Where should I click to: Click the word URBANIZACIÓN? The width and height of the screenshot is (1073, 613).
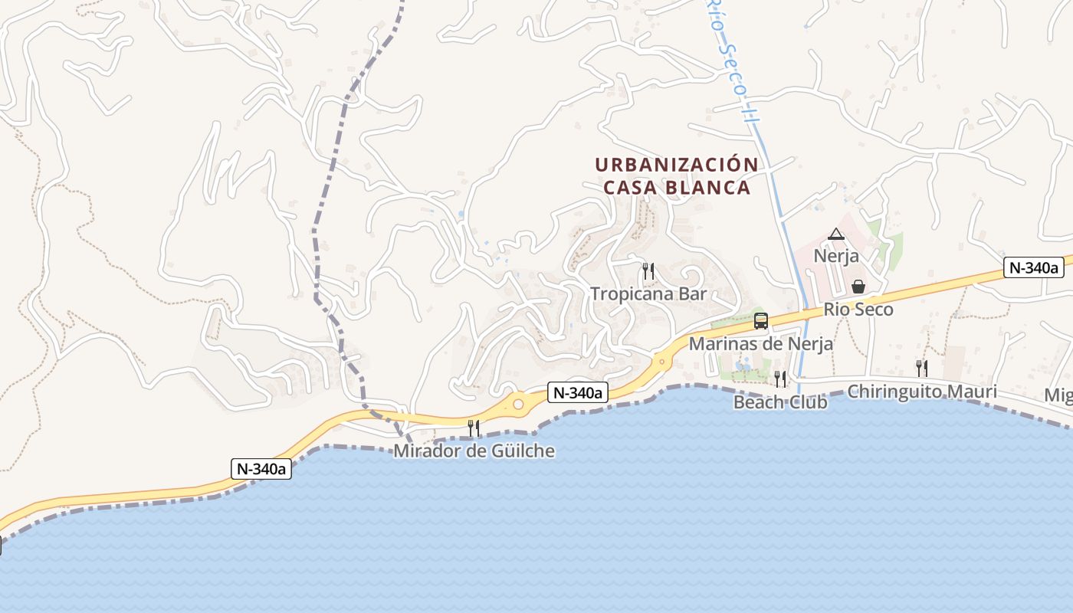[676, 165]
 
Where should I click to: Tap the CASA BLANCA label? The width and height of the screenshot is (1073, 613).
[676, 188]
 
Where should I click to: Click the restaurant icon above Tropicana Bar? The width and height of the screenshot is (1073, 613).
[648, 270]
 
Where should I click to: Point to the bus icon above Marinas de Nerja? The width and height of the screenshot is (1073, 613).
[760, 321]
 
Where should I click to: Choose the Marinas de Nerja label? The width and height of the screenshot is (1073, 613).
[760, 344]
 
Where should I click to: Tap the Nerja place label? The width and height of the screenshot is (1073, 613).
[836, 256]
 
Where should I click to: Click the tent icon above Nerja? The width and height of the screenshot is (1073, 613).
[835, 234]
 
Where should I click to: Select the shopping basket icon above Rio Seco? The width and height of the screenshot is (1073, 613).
[858, 287]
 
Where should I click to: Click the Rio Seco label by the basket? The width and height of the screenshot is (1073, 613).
[858, 310]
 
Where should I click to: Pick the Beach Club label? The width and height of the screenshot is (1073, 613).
[780, 402]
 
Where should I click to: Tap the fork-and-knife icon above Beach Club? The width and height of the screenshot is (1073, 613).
[779, 379]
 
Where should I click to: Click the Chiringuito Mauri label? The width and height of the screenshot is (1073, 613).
[922, 392]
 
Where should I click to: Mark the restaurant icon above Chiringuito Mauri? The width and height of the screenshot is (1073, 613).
[921, 369]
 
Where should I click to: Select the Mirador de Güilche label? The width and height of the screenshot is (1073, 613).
[474, 451]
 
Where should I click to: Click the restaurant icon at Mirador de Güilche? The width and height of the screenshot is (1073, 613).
[474, 428]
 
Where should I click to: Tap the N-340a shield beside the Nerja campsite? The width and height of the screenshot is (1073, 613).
[1033, 267]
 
